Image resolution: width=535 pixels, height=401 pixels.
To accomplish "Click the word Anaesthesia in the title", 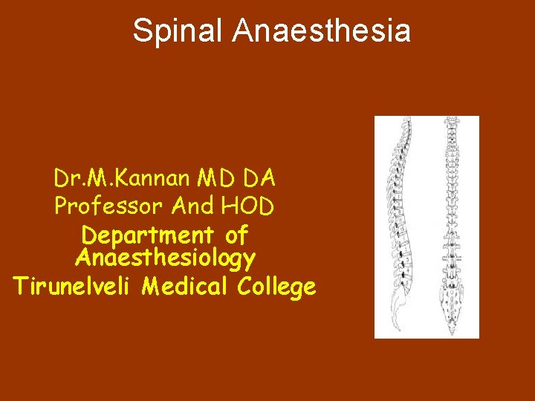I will coord(321,31).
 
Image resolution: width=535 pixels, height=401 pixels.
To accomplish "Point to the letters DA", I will coord(259,178).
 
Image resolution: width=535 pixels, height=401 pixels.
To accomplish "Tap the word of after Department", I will coord(236,235).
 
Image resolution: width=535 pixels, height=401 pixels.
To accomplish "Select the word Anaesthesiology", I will coord(165,258).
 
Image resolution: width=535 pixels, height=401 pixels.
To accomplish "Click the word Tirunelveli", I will coord(74,287).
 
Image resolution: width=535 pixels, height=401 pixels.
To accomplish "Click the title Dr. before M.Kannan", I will coord(68,178).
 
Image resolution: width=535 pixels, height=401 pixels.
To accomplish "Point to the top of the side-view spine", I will coord(406,123).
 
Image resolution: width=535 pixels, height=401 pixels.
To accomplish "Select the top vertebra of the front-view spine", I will coord(451,122).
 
